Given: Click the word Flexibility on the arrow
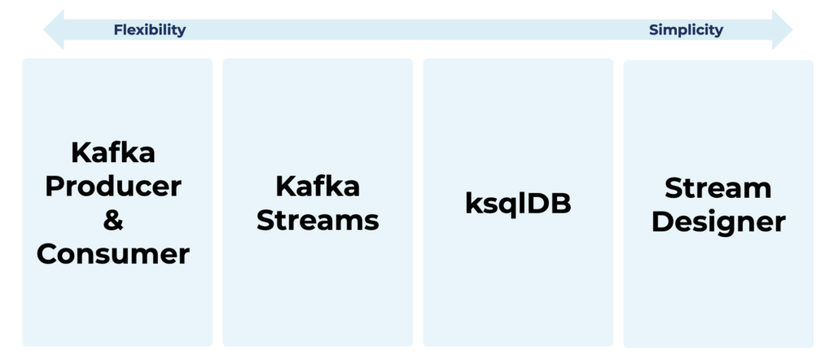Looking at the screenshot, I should click(x=150, y=30).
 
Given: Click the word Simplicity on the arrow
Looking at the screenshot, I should click(x=686, y=30).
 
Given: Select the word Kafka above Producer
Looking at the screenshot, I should click(x=113, y=151).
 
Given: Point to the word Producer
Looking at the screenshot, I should click(x=113, y=187).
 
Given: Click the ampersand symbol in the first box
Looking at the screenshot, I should click(x=113, y=220).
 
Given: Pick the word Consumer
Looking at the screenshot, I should click(x=113, y=254).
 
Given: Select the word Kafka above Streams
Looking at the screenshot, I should click(x=318, y=186).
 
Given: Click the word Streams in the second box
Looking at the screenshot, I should click(x=318, y=220).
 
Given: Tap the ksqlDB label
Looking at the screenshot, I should click(x=518, y=204).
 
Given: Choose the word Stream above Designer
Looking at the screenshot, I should click(x=718, y=187).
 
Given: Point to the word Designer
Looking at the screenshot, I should click(x=718, y=222).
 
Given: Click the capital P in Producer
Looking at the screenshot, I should click(x=55, y=187).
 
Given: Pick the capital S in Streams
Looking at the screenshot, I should click(x=266, y=220).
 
